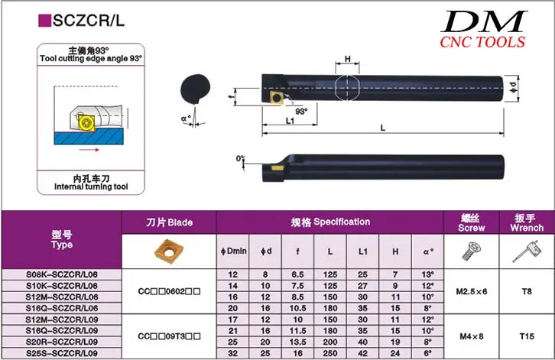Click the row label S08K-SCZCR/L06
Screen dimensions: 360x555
point(61,274)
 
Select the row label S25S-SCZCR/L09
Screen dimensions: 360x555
point(61,354)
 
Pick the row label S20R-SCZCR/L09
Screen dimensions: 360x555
point(61,342)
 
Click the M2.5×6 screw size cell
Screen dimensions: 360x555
point(471,291)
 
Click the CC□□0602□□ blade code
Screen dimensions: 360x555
point(169,291)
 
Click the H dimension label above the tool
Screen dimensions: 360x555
point(348,59)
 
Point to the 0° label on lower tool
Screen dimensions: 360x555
point(241,158)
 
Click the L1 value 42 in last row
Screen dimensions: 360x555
point(361,354)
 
